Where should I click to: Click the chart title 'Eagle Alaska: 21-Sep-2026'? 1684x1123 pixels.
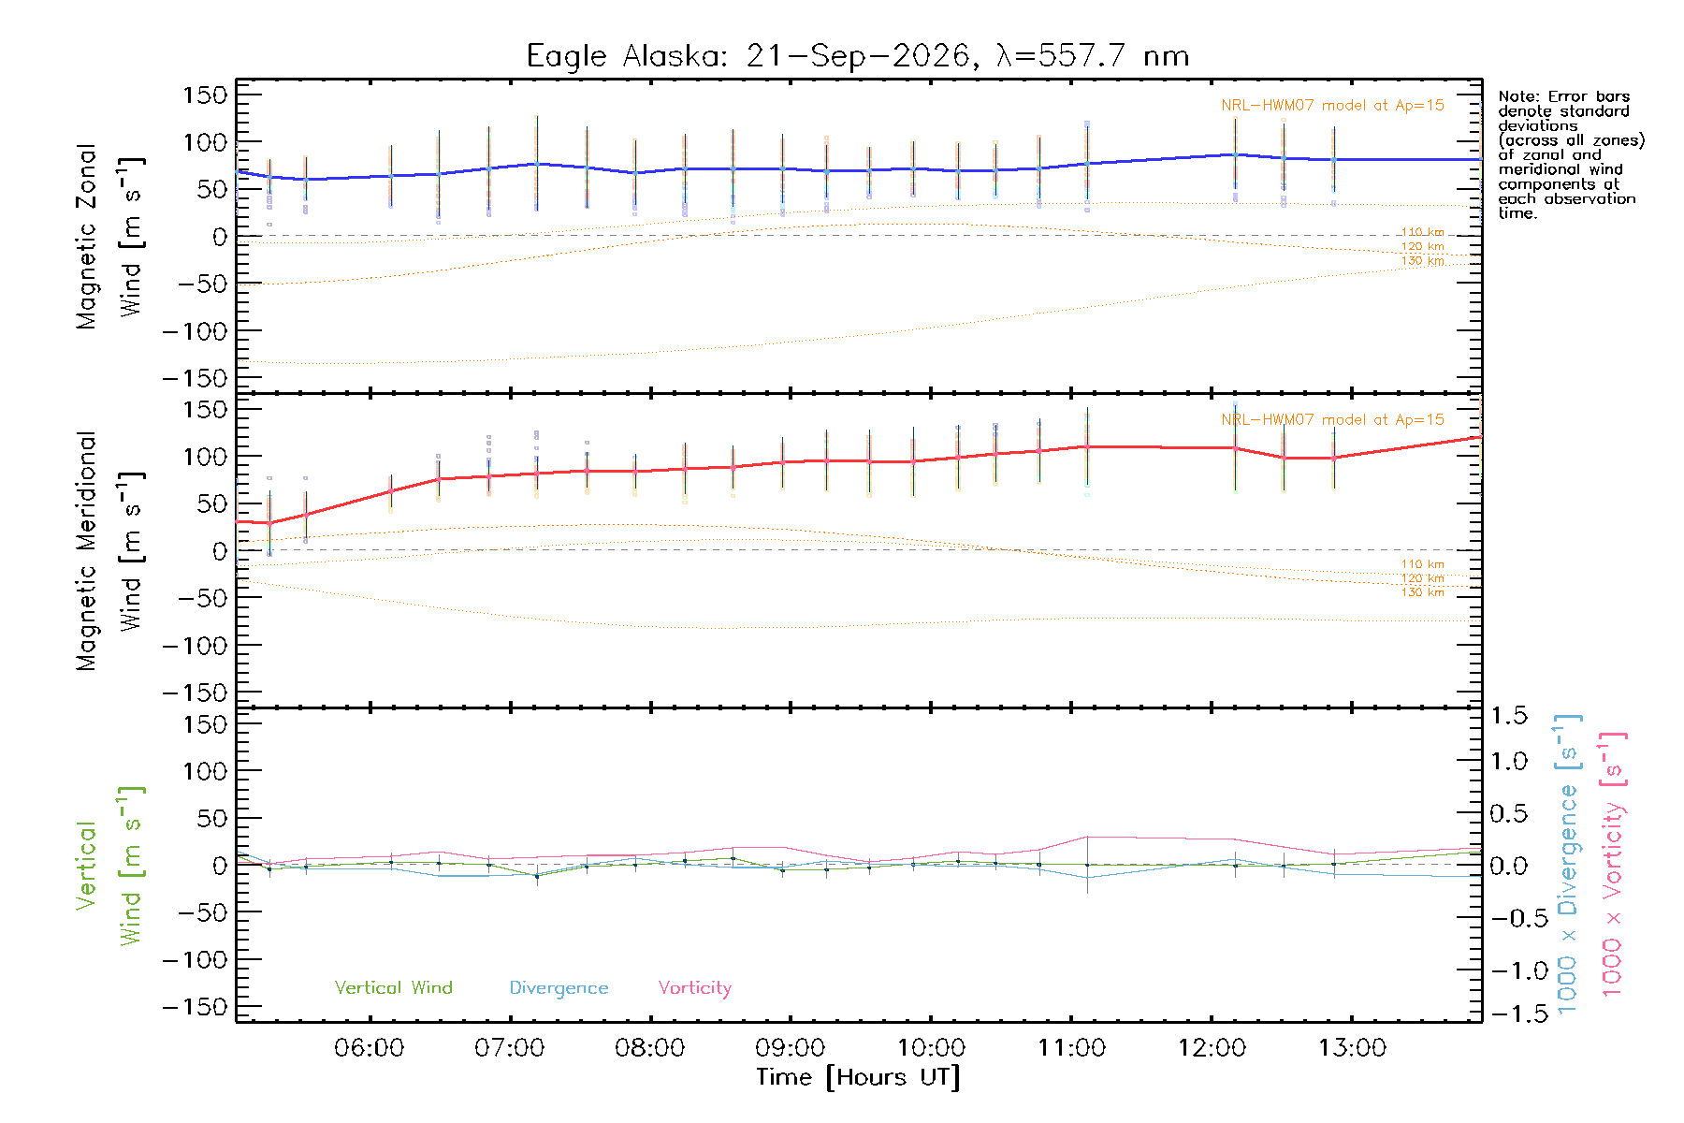click(x=748, y=56)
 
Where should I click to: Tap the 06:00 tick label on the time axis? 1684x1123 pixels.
click(x=370, y=1048)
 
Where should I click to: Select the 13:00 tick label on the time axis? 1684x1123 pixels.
click(x=1352, y=1048)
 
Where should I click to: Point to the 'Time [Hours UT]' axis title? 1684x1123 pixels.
click(x=858, y=1078)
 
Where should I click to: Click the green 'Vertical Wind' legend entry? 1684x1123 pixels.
click(x=394, y=987)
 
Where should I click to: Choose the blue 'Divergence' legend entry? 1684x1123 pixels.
click(x=559, y=988)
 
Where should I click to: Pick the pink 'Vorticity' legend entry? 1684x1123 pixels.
click(x=695, y=988)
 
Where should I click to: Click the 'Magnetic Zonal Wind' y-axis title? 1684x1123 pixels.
click(x=109, y=237)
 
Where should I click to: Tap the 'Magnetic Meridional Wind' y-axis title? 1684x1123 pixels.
click(x=109, y=551)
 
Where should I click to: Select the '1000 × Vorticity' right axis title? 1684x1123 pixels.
click(x=1613, y=865)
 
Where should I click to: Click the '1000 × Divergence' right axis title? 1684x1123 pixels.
click(x=1568, y=865)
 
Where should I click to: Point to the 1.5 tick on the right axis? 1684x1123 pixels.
click(x=1509, y=716)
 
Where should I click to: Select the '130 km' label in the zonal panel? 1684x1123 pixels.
click(x=1423, y=261)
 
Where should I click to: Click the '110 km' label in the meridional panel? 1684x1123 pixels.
click(x=1423, y=564)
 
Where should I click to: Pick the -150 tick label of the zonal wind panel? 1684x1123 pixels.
click(x=195, y=378)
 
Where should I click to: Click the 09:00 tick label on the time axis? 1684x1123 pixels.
click(x=791, y=1048)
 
